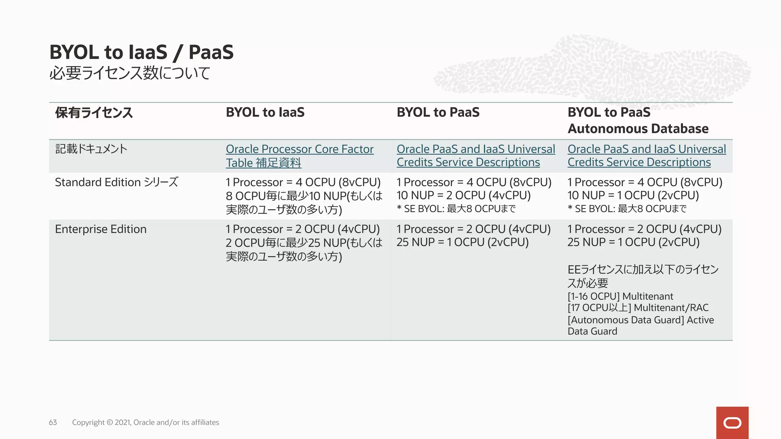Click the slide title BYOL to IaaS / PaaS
(141, 52)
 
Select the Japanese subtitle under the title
(130, 73)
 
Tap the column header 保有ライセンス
(94, 113)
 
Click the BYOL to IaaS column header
(265, 112)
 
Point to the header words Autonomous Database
(638, 129)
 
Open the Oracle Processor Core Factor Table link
(299, 149)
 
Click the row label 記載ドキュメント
(91, 149)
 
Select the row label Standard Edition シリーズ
(116, 182)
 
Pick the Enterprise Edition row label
(101, 229)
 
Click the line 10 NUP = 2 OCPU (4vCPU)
(463, 195)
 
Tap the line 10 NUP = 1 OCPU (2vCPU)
(633, 195)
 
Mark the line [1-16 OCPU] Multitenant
(620, 296)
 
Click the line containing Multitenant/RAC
(638, 308)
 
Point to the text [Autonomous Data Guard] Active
(641, 320)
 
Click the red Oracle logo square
(732, 423)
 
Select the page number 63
(53, 422)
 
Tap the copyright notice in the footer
(145, 422)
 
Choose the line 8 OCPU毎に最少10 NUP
(304, 196)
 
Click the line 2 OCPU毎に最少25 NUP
(304, 243)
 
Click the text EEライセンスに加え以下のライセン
(643, 270)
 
